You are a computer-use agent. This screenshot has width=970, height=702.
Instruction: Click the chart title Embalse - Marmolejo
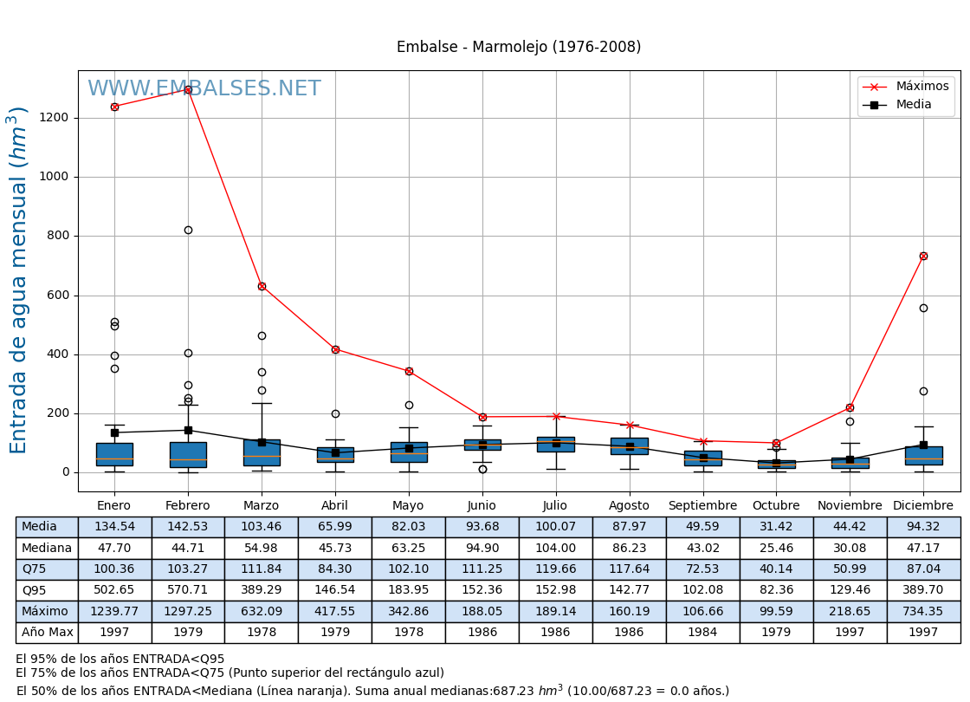pos(518,48)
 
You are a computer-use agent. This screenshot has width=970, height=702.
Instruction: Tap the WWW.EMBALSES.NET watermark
pos(204,89)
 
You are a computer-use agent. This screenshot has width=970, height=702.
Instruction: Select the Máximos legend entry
pos(906,87)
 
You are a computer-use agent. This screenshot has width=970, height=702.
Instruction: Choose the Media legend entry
pos(906,105)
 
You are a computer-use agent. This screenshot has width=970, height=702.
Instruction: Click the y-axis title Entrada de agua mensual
pos(19,280)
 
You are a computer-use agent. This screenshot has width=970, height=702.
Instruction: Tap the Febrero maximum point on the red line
pos(188,89)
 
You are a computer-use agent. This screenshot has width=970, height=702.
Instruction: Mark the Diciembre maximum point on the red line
pos(923,256)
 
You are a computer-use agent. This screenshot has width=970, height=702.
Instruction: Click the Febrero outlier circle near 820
pos(188,230)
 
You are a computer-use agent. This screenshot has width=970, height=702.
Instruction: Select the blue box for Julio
pos(555,445)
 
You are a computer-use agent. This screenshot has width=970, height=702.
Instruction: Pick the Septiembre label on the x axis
pos(702,506)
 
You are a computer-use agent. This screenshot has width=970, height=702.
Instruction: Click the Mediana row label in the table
pos(47,549)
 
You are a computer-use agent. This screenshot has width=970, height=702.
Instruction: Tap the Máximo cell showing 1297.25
pos(188,612)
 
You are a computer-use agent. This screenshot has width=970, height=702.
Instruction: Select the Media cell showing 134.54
pos(114,527)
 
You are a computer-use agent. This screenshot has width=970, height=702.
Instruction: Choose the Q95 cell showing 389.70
pos(923,590)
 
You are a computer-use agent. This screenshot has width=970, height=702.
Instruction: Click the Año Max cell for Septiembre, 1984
pos(702,633)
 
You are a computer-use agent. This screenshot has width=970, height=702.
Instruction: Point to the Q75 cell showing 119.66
pos(555,569)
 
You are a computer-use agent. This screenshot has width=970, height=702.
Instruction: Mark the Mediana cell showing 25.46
pos(776,549)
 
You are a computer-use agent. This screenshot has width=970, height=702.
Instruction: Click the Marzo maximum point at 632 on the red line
pos(262,286)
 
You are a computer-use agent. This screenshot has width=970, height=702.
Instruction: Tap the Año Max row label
pos(47,633)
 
